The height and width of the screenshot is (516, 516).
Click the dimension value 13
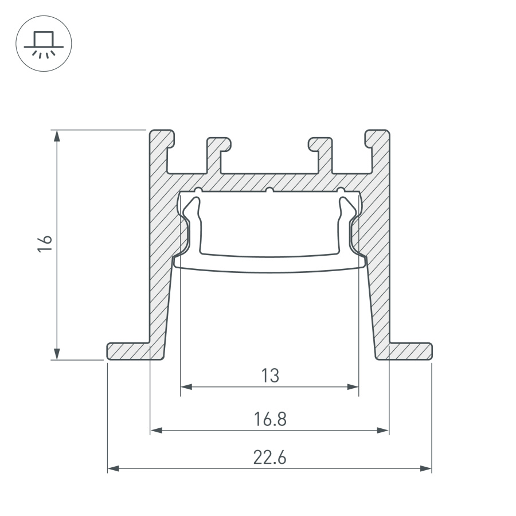[269, 376]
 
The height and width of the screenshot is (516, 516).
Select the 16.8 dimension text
[269, 419]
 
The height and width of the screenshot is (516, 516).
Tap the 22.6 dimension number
[269, 458]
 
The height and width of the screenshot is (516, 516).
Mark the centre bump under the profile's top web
[269, 190]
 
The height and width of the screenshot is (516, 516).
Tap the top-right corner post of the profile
[379, 149]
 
